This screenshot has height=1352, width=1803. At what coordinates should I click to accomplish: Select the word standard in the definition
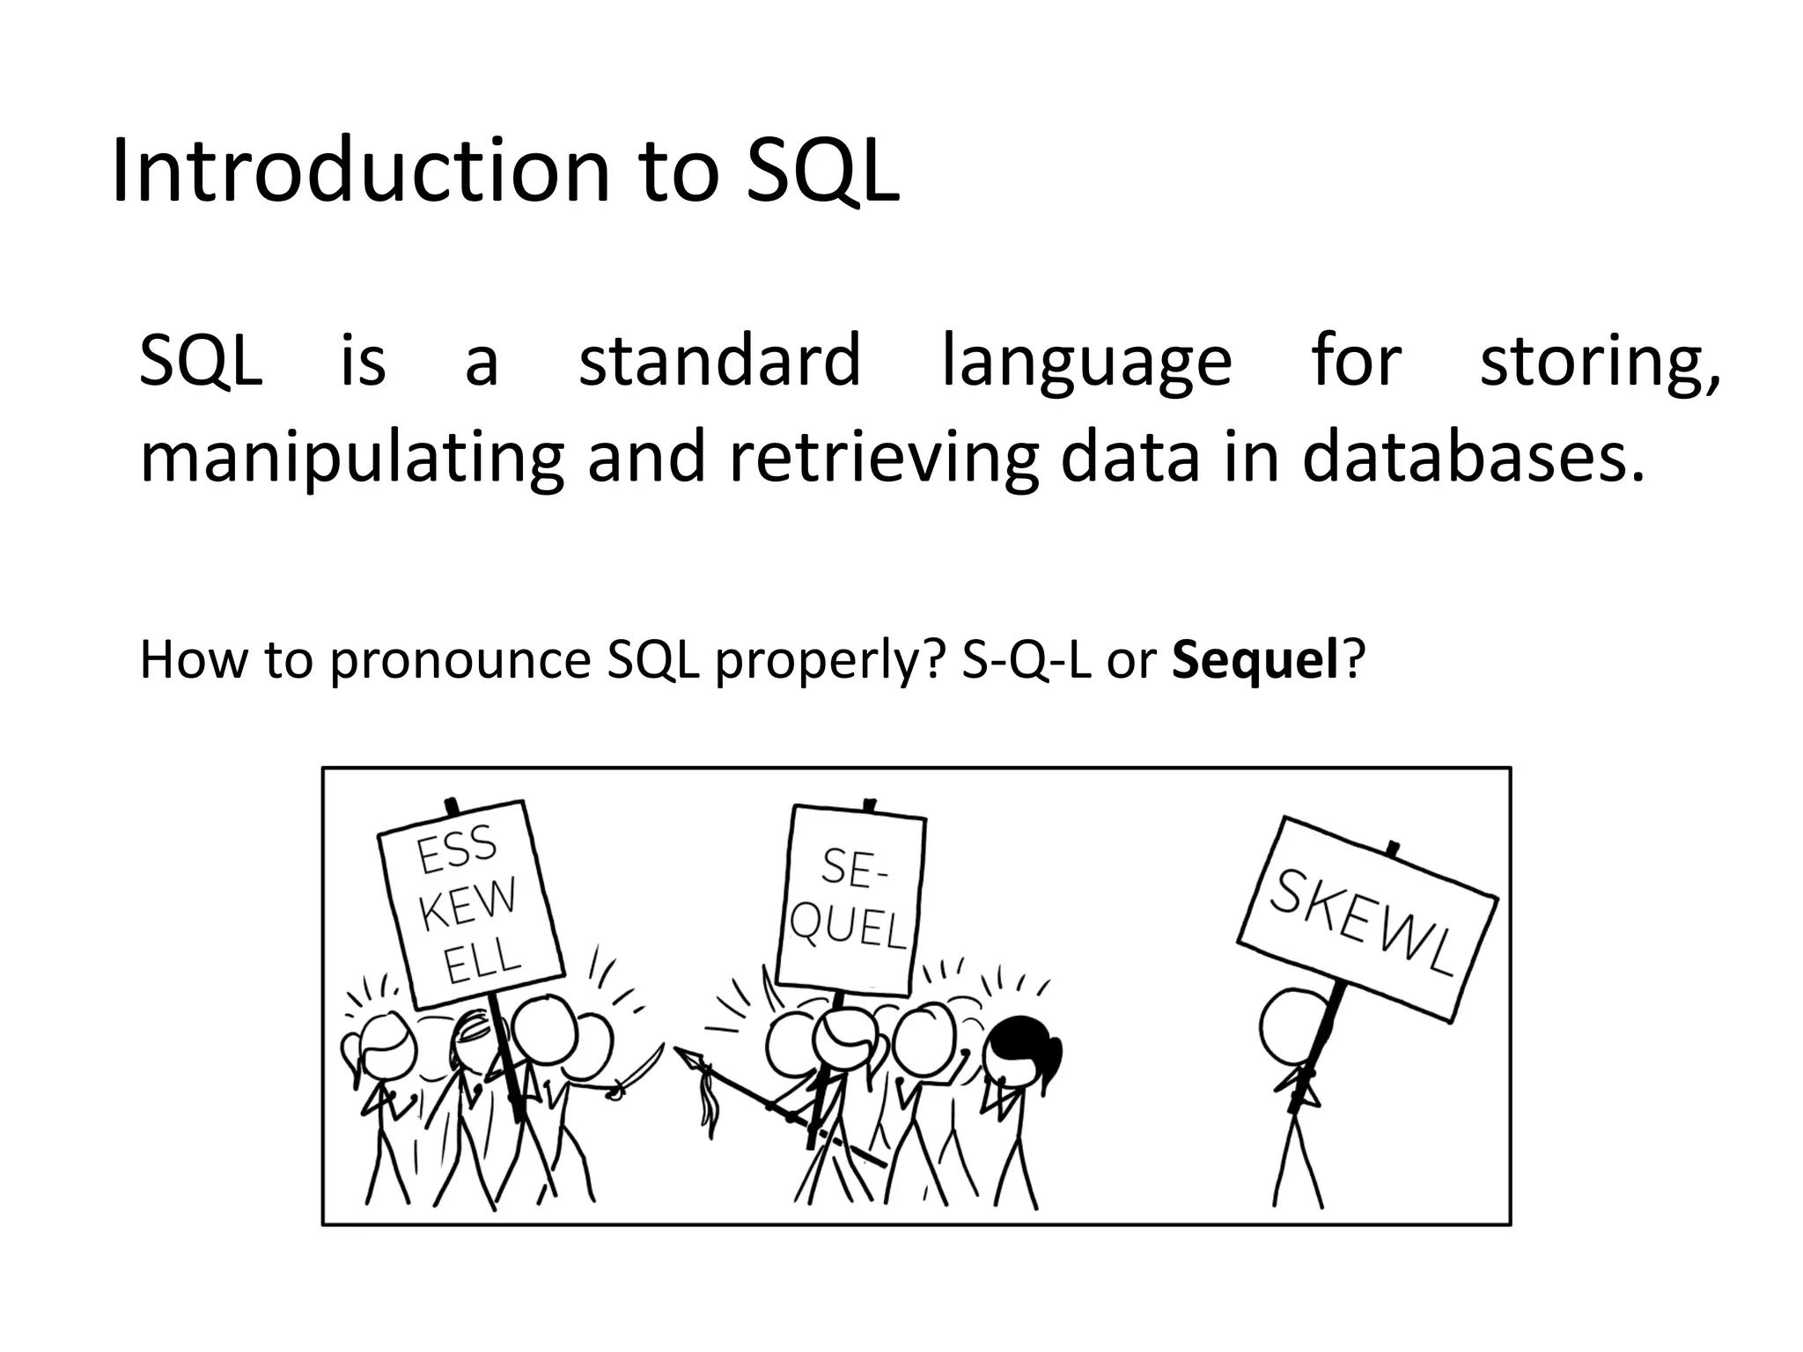click(x=718, y=360)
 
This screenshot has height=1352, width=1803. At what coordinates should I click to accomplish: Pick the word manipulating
click(x=351, y=459)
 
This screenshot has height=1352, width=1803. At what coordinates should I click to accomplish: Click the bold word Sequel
click(x=1255, y=660)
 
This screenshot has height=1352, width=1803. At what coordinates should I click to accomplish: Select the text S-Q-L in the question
click(x=1026, y=660)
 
